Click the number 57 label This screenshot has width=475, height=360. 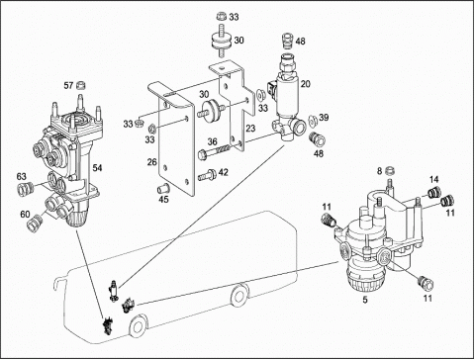[68, 86]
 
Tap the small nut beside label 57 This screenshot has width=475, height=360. [81, 85]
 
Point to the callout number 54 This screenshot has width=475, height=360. [97, 168]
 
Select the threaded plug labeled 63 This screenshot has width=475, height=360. [26, 188]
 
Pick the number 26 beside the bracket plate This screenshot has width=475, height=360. [152, 162]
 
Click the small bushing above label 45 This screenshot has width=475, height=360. [162, 189]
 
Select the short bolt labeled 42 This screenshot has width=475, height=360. [207, 175]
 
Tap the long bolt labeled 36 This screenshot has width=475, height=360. [213, 151]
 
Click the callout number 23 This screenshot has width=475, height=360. [250, 128]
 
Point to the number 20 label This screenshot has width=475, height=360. [306, 84]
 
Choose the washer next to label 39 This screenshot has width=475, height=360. [313, 121]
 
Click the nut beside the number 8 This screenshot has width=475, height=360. [391, 171]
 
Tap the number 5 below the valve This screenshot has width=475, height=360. [365, 301]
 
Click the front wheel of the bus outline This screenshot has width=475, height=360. [138, 325]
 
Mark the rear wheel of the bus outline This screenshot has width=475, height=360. [239, 296]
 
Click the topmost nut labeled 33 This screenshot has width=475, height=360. [222, 16]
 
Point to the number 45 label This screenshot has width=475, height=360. [163, 200]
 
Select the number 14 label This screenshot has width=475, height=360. [434, 180]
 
